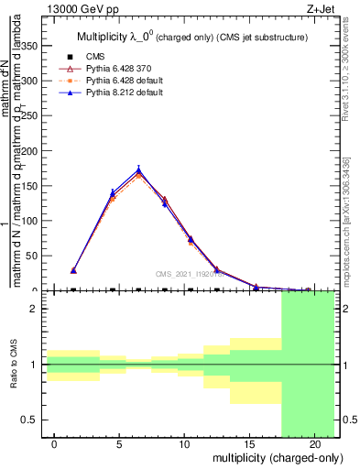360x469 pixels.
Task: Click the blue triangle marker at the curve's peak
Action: (138, 169)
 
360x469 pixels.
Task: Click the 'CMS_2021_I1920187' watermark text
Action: (193, 273)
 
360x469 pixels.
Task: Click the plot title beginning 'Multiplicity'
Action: (191, 38)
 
